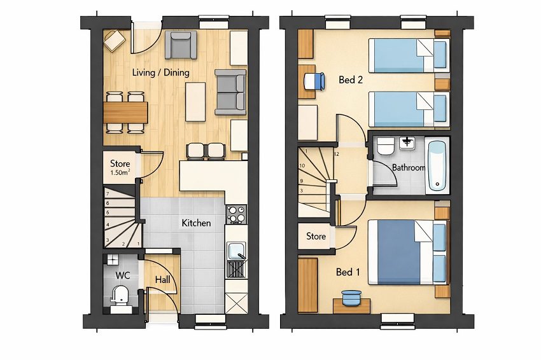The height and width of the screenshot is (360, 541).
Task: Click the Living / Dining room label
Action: [x=160, y=73]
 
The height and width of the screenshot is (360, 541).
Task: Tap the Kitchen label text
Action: [x=196, y=223]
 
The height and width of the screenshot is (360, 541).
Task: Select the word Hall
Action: [x=162, y=279]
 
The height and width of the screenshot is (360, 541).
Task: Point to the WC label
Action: [x=122, y=276]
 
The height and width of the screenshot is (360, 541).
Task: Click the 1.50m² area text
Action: [x=120, y=172]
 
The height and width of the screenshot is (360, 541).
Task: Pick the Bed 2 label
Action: [x=351, y=80]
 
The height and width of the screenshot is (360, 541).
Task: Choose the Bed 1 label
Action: [x=348, y=272]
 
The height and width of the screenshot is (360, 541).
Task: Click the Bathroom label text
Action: [x=408, y=168]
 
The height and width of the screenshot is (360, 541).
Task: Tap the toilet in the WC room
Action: [x=119, y=295]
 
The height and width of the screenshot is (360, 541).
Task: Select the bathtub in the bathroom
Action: [x=437, y=165]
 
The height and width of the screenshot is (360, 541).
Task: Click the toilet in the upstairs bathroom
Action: [x=385, y=147]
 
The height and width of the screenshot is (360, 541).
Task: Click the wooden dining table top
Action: [x=125, y=112]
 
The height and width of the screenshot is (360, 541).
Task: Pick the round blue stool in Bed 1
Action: [x=351, y=297]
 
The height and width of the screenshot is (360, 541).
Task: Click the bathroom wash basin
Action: [x=407, y=144]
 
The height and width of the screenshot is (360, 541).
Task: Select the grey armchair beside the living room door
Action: [x=181, y=45]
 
